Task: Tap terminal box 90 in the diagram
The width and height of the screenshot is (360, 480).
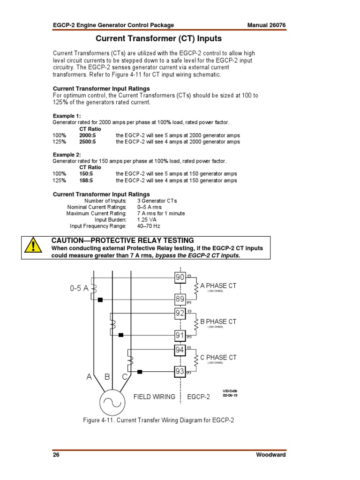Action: click(x=180, y=277)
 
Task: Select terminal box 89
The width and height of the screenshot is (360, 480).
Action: click(x=180, y=299)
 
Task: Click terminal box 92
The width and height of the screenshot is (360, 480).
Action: click(x=180, y=313)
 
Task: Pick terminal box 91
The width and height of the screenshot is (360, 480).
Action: click(x=180, y=335)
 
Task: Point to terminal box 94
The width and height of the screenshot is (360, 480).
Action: click(x=180, y=350)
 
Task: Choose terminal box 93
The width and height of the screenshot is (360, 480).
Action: click(x=180, y=372)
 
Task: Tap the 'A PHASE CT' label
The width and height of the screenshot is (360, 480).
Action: click(x=218, y=285)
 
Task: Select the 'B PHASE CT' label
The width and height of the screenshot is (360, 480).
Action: click(x=218, y=322)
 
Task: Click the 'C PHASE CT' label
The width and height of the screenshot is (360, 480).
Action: click(x=218, y=357)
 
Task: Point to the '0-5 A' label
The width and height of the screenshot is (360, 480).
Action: click(x=79, y=289)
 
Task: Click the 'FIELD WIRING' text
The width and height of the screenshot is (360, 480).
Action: click(x=154, y=397)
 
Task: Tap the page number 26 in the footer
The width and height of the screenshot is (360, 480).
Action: click(x=56, y=455)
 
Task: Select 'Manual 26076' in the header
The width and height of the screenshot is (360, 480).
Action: click(x=266, y=25)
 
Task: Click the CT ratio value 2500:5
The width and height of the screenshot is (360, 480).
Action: click(x=87, y=142)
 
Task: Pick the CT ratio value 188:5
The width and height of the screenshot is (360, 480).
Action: click(x=86, y=180)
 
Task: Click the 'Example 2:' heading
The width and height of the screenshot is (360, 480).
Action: click(x=67, y=154)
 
